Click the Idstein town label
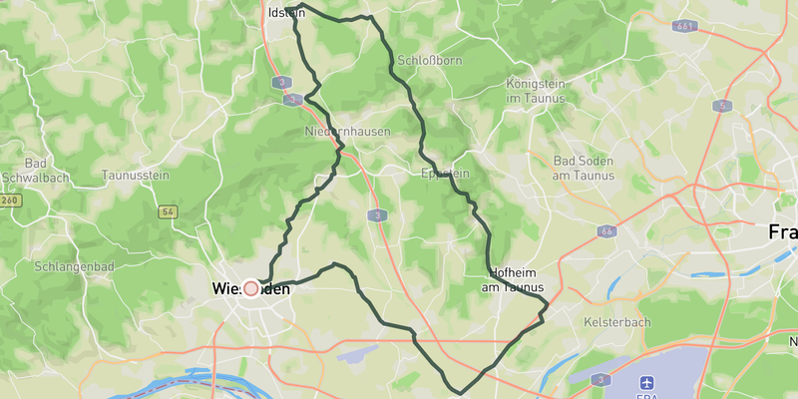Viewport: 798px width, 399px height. point(287,13)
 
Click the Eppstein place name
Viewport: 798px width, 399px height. point(446,174)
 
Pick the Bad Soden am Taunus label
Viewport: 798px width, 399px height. point(584,168)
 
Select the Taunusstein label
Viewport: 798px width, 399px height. point(135,176)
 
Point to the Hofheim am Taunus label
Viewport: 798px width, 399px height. point(512,280)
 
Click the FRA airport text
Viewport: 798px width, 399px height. point(648,398)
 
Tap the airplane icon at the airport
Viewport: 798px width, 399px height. point(648,381)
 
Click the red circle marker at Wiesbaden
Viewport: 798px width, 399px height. point(251,288)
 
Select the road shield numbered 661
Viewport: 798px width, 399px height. point(683,26)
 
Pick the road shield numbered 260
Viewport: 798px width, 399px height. point(10,200)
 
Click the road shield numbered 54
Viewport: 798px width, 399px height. point(168,211)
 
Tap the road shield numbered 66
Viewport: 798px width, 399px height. point(607,231)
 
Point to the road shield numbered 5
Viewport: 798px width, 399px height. point(720,105)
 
